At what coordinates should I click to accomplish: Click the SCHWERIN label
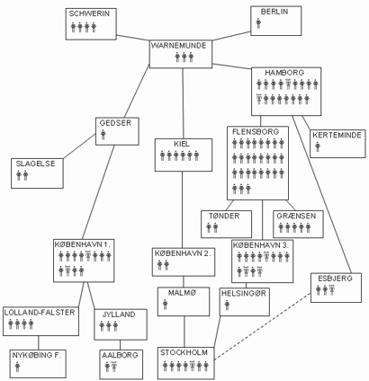89,13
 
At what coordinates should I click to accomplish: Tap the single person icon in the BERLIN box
258,23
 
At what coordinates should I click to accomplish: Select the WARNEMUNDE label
179,46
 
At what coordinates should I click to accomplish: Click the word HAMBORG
280,73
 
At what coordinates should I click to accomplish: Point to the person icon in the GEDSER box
103,135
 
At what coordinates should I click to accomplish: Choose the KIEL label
182,144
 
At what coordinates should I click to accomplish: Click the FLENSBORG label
256,131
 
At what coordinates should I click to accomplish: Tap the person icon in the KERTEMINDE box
318,146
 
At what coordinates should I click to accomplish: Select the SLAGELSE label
35,164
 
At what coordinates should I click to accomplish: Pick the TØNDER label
224,216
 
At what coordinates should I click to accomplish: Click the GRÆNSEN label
296,216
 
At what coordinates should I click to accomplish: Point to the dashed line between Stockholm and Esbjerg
263,326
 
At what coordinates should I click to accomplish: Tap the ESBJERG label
335,279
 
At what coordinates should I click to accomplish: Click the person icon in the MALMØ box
166,305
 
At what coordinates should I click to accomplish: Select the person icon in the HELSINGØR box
227,306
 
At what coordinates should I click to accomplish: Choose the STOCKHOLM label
184,352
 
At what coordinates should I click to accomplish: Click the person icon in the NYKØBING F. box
17,367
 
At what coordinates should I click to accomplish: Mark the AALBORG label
120,355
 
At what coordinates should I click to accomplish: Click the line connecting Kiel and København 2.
183,209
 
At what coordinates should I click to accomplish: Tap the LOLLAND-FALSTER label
40,313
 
